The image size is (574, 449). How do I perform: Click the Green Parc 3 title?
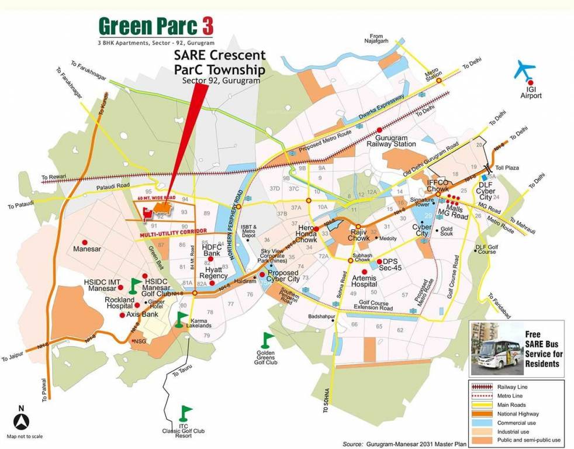[155, 27]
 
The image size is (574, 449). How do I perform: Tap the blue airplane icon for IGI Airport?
[525, 70]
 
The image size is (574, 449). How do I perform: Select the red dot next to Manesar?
[85, 241]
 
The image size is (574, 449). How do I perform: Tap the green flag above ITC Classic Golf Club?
[186, 412]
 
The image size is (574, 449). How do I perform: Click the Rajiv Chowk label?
[359, 235]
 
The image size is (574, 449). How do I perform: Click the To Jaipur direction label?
[13, 357]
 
